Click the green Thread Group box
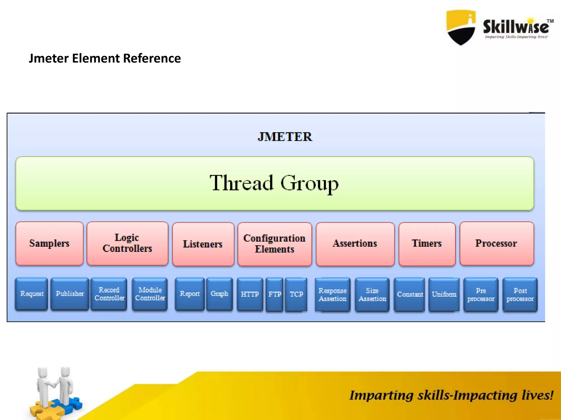click(x=274, y=183)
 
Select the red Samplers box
click(x=49, y=243)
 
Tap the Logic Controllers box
click(x=127, y=243)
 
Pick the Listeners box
click(x=203, y=244)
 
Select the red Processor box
click(x=496, y=243)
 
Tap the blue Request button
click(x=32, y=294)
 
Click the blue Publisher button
click(x=70, y=294)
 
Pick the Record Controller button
click(x=109, y=294)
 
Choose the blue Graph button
click(x=219, y=294)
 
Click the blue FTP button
click(x=274, y=294)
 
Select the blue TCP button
click(x=296, y=294)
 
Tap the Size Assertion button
click(x=372, y=294)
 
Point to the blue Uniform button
click(x=444, y=294)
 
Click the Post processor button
click(x=520, y=294)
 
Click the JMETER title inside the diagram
click(x=285, y=137)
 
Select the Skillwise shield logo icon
click(x=461, y=27)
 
